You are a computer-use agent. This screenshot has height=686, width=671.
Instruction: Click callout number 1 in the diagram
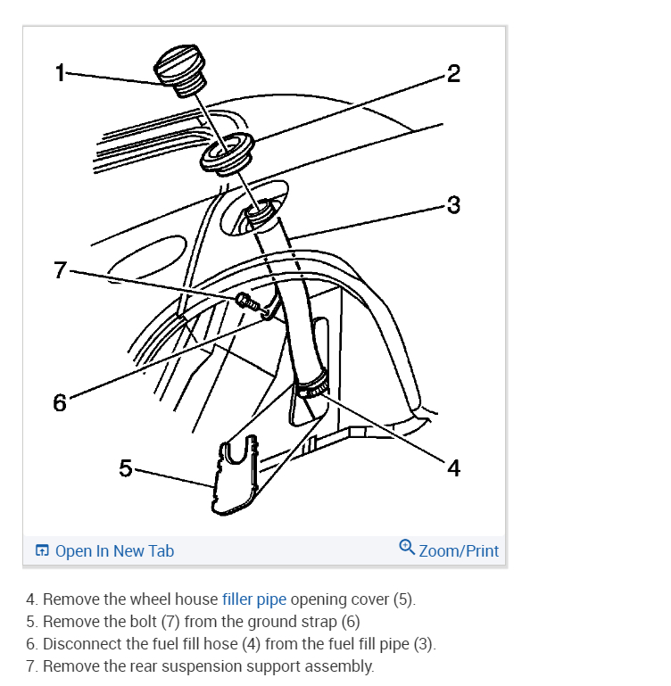60,73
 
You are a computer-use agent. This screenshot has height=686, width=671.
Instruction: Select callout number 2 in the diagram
453,73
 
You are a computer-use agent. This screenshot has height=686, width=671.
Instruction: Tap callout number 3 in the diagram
453,205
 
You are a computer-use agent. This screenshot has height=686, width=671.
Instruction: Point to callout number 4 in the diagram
453,467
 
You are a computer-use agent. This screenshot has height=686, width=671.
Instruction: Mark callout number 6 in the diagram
60,402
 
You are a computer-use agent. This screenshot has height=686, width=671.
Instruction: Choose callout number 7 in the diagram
60,269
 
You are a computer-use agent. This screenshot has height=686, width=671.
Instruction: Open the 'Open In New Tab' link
114,550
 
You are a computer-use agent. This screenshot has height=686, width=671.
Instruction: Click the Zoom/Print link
459,550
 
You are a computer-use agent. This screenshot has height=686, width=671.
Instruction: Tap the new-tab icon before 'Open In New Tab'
42,550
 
